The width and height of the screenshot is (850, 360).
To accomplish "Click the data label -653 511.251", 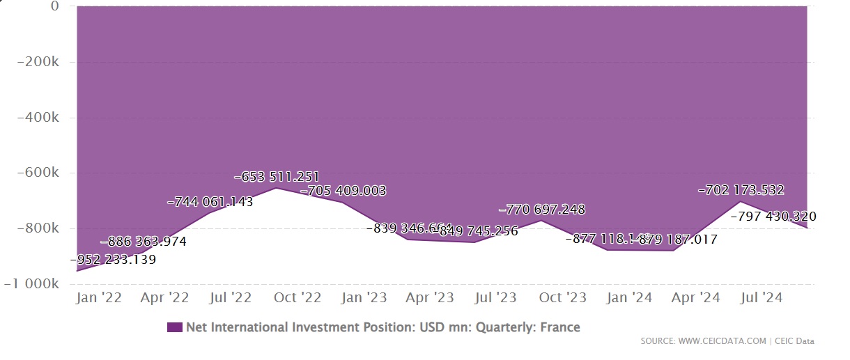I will point(277,177).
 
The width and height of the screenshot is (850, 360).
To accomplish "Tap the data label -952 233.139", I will point(114,260).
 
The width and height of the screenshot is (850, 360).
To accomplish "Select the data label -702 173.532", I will point(741,189).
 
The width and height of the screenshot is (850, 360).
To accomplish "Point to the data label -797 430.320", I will point(773,217).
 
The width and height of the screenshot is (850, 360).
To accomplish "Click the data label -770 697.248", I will point(542,209).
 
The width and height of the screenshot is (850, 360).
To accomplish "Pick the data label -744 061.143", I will point(210,203).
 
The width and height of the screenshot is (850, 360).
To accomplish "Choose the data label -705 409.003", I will point(343,190).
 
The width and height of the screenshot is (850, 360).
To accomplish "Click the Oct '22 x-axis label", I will point(297,298).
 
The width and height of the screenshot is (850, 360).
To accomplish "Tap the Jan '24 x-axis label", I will point(629,298).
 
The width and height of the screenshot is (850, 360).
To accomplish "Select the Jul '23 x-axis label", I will point(495,298).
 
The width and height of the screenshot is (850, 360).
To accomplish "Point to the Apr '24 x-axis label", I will point(695,298).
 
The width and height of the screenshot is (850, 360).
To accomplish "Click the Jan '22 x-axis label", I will point(98,298).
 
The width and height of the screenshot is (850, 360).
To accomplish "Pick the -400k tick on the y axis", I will point(39,118).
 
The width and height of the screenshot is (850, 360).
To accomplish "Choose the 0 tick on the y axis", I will point(54,7).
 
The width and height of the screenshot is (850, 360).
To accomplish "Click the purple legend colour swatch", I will point(175,327).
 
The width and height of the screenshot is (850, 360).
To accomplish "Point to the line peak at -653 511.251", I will point(276,188).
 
